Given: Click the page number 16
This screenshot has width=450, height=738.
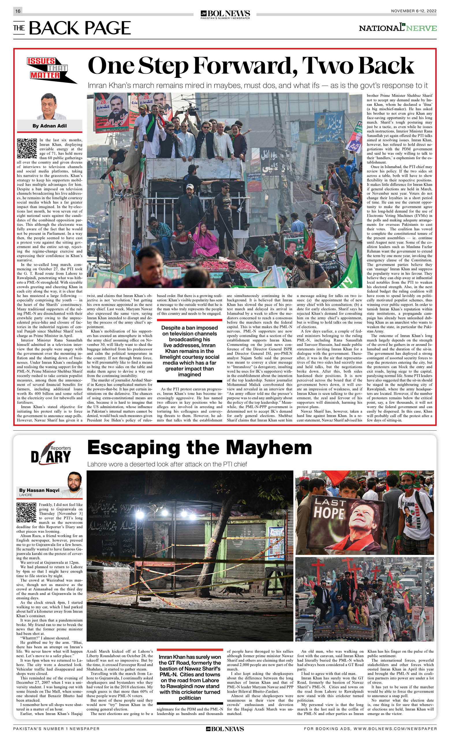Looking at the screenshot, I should pyautogui.click(x=18, y=11).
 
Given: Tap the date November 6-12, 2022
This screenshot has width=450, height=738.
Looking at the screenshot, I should pyautogui.click(x=413, y=11).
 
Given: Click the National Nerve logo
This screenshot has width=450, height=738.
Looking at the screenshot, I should pyautogui.click(x=397, y=28).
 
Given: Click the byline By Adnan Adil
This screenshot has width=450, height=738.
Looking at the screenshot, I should pyautogui.click(x=49, y=126).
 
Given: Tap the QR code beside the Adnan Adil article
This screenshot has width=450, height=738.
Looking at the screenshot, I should pyautogui.click(x=27, y=148).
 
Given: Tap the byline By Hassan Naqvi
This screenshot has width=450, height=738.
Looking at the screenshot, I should pyautogui.click(x=39, y=490).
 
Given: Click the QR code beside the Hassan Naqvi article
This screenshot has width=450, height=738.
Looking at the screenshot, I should pyautogui.click(x=26, y=512).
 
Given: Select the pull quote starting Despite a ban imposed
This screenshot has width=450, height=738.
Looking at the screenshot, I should pyautogui.click(x=189, y=351).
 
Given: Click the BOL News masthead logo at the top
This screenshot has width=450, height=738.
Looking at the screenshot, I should pyautogui.click(x=225, y=14).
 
